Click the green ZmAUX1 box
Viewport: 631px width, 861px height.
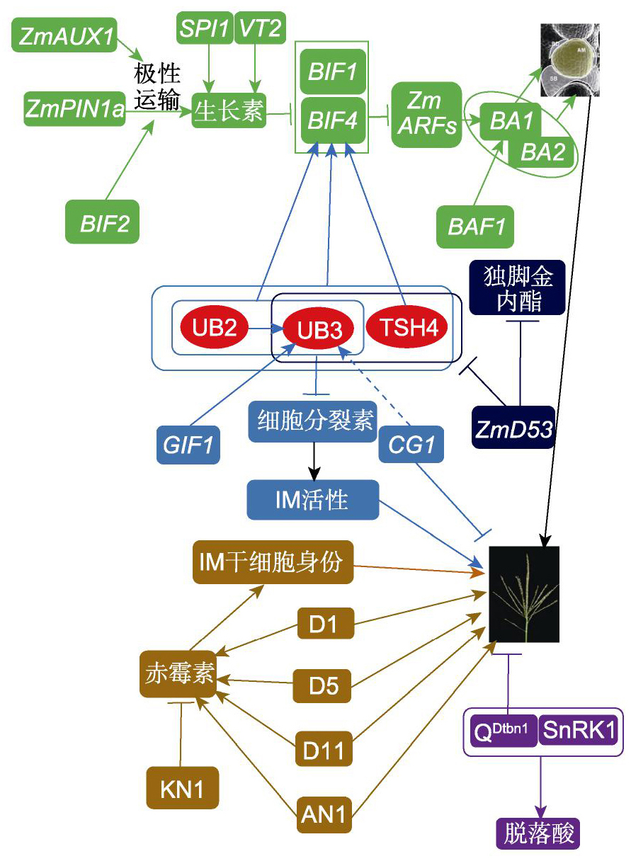point(65,35)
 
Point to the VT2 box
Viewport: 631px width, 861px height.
point(258,28)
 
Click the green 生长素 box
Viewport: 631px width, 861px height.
point(229,111)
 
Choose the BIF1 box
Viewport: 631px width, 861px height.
point(333,72)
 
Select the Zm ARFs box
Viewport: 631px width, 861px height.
point(427,114)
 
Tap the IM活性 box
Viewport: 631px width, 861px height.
point(312,500)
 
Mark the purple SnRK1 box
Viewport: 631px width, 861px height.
point(579,730)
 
